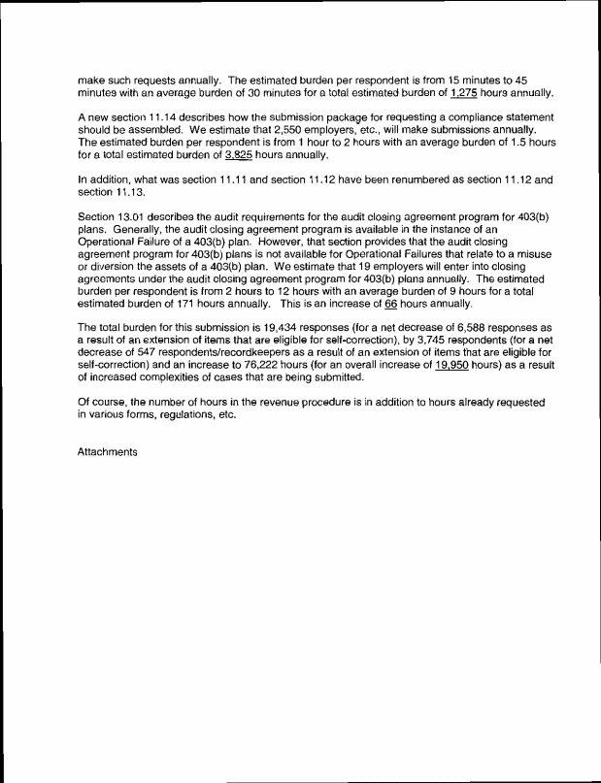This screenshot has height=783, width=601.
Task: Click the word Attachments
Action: click(109, 452)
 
